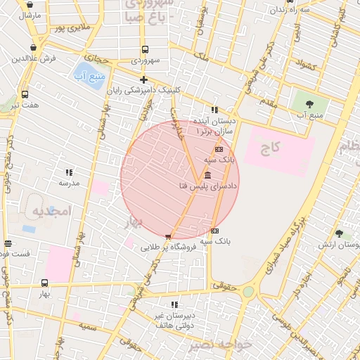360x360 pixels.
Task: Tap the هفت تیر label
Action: pyautogui.click(x=25, y=105)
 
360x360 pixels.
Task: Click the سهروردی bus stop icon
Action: pyautogui.click(x=145, y=49)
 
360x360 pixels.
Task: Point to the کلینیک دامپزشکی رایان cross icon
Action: pyautogui.click(x=144, y=79)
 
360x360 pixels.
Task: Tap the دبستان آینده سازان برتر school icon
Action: pyautogui.click(x=214, y=110)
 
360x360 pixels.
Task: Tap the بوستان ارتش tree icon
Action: pyautogui.click(x=340, y=233)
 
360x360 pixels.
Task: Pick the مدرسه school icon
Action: pyautogui.click(x=69, y=172)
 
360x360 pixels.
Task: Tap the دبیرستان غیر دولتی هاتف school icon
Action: pyautogui.click(x=174, y=304)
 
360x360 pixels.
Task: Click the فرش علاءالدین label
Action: pyautogui.click(x=34, y=58)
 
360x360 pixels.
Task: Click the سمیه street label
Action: pyautogui.click(x=87, y=327)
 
